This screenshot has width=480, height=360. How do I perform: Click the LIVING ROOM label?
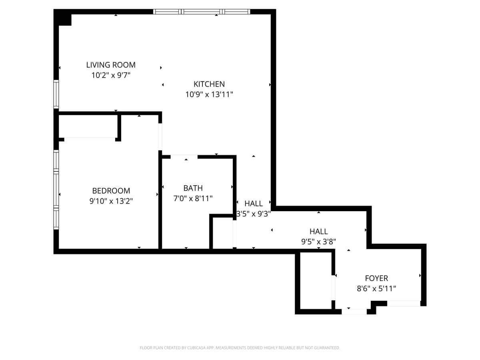(111, 65)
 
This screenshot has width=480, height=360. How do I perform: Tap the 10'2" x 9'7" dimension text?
(111, 75)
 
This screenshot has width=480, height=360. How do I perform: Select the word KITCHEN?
(209, 84)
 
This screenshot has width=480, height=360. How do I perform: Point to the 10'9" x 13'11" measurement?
(209, 95)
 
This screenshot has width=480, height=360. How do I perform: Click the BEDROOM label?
(111, 191)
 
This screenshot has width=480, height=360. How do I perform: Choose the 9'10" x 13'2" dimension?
(111, 201)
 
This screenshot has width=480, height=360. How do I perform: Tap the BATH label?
(193, 188)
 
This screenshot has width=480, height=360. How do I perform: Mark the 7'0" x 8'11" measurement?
(193, 198)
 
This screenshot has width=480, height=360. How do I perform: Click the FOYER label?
(376, 278)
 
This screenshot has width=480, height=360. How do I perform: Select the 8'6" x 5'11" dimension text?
(376, 288)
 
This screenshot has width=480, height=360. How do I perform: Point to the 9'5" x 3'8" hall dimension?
(318, 242)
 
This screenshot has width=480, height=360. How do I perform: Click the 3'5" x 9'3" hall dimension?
(254, 214)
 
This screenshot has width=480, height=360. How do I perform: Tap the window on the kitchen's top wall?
(202, 12)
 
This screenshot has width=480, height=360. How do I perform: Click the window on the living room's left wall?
(56, 94)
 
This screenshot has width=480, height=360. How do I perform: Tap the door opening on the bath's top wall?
(184, 156)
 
